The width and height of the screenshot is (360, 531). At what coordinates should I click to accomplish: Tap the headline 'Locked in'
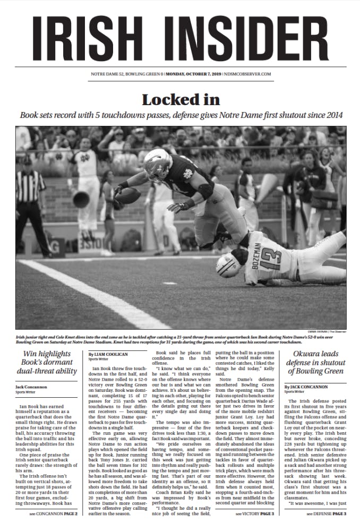[x=179, y=99]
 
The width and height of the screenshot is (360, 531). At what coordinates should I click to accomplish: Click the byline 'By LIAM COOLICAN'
[x=106, y=354]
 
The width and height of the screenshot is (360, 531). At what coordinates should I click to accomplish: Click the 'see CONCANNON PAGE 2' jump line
[x=54, y=513]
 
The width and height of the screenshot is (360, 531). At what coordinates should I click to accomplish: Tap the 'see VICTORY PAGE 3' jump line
[x=255, y=513]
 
